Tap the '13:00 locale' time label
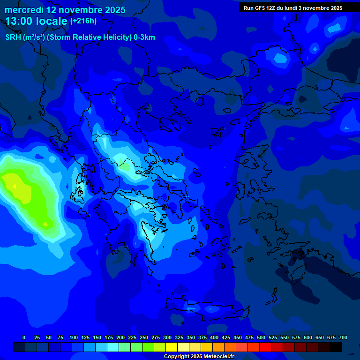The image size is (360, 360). [37, 21]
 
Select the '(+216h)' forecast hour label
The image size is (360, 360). [83, 21]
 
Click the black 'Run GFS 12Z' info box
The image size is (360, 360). [292, 7]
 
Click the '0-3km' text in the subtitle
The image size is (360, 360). [144, 37]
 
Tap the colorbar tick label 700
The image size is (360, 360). [343, 337]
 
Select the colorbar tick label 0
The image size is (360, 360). [24, 337]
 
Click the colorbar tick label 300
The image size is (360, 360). [167, 337]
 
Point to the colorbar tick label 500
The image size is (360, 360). [261, 337]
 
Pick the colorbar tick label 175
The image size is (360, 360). [109, 337]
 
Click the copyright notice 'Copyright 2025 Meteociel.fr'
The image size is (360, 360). [199, 356]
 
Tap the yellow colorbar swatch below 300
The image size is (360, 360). [172, 347]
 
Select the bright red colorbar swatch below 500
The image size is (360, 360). [265, 347]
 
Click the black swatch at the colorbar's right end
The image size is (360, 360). [336, 347]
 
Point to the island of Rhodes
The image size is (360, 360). [299, 270]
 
